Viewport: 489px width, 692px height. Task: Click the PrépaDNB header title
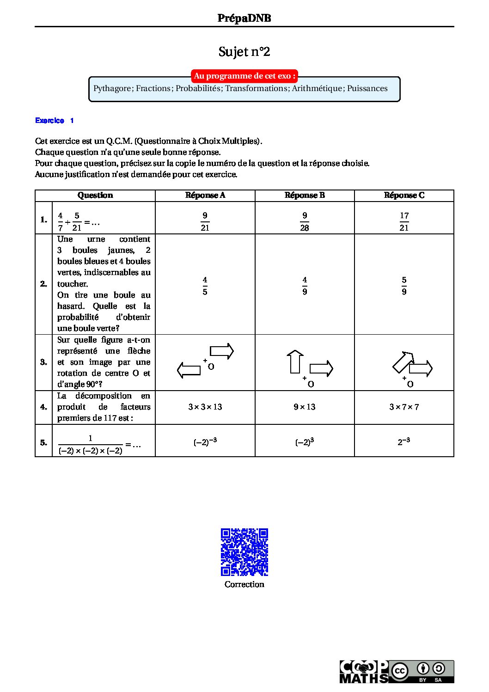[x=244, y=18]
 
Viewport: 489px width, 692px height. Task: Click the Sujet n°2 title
[x=244, y=51]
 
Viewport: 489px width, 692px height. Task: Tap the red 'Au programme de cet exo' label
[x=245, y=76]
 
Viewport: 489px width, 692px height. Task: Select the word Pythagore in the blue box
[x=112, y=88]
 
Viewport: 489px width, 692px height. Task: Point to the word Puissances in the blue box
[x=367, y=88]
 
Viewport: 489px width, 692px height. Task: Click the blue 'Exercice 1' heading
[x=55, y=121]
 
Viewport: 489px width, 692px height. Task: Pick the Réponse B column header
[x=305, y=195]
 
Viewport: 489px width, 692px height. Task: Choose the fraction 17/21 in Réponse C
[x=404, y=221]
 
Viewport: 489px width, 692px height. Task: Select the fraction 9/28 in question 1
[x=305, y=221]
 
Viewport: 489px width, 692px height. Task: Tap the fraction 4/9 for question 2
[x=305, y=286]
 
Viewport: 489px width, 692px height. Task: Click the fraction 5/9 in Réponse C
[x=404, y=286]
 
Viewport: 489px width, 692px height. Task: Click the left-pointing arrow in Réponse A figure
[x=189, y=370]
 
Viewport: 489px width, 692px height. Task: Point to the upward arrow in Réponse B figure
[x=295, y=361]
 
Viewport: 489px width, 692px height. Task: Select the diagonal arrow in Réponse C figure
[x=403, y=361]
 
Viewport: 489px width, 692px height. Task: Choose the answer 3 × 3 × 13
[x=205, y=407]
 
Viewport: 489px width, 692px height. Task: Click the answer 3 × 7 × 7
[x=404, y=407]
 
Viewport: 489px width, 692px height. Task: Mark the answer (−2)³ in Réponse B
[x=305, y=442]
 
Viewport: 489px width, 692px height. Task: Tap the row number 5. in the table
[x=43, y=442]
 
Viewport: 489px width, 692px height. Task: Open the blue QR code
[x=245, y=552]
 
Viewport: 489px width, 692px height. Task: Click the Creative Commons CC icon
[x=400, y=671]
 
